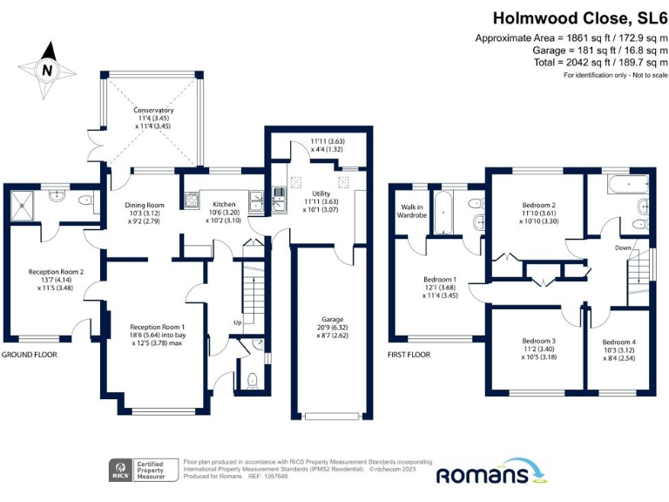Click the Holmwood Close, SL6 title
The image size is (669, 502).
580,17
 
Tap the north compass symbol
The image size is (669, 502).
48,70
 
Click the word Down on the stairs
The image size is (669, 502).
624,248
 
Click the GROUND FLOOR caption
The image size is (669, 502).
31,355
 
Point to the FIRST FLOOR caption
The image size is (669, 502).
409,355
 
